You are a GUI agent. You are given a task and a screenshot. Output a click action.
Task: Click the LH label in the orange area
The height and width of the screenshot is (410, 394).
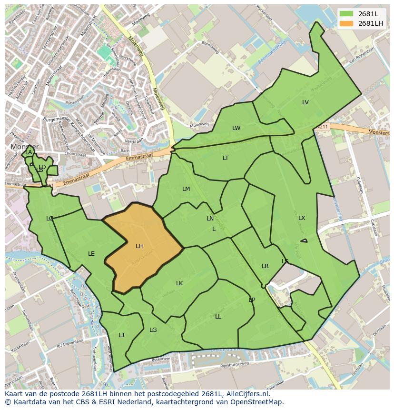(139, 246)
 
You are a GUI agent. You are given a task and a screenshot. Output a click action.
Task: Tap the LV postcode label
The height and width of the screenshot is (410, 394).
(305, 102)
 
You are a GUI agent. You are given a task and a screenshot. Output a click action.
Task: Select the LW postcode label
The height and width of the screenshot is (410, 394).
(236, 128)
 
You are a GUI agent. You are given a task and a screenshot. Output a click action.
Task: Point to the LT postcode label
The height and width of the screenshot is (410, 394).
(226, 158)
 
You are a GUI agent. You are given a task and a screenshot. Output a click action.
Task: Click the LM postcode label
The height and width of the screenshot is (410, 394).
(186, 189)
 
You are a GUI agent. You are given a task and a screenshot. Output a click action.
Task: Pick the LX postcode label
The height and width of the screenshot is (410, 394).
(302, 218)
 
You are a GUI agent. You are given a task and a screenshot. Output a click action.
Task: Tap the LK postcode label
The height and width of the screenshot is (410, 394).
(179, 283)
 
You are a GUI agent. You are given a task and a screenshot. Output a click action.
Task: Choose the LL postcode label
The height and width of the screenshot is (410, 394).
(218, 317)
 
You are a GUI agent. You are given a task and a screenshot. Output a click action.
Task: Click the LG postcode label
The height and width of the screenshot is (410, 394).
(153, 330)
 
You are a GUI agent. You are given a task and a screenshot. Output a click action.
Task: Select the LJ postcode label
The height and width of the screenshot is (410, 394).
(121, 335)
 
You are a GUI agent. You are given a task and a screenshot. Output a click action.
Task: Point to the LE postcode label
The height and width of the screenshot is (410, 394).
(91, 254)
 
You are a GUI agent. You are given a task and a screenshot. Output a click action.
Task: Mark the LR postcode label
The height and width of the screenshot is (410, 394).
(265, 266)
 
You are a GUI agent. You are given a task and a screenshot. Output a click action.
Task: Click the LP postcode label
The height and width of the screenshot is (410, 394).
(252, 300)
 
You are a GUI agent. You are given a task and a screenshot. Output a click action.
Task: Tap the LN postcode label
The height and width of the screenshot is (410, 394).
(210, 219)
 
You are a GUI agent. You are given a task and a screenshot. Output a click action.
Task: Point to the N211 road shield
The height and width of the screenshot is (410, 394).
(322, 127)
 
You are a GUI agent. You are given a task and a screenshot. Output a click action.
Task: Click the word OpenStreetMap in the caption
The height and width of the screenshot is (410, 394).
(257, 402)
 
